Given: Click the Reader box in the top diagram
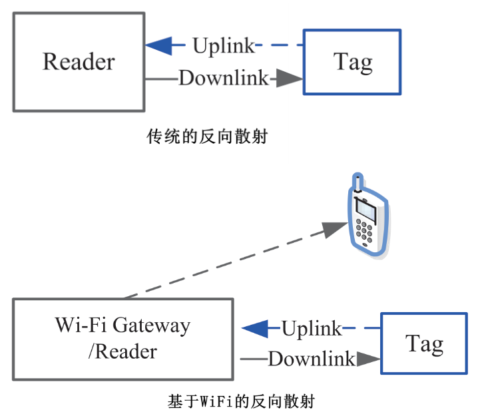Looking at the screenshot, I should point(79,61).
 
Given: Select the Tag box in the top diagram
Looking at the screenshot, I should point(352,62).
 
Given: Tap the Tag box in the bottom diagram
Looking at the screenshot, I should point(424,343).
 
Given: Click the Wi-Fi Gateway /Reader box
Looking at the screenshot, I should point(122,339).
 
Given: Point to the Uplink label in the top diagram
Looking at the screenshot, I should point(223,46).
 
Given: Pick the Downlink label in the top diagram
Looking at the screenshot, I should point(224,78).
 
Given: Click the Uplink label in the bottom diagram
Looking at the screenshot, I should point(312,328).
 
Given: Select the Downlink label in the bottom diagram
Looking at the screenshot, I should point(312,359).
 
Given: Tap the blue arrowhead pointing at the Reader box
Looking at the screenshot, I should point(158,46).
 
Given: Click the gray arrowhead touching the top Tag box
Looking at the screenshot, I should point(289,78).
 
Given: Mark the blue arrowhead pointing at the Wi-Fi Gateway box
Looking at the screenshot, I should point(254,328).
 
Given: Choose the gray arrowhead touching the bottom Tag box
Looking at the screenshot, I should point(367,359).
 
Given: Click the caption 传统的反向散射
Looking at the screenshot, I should point(207,137).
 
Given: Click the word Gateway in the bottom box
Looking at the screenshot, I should point(151,326).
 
